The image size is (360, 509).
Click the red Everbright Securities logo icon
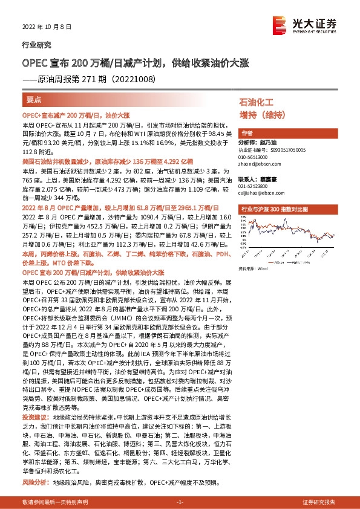tap(280, 22)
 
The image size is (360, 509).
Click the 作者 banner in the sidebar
tap(246, 133)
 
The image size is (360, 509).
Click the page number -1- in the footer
tap(179, 502)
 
